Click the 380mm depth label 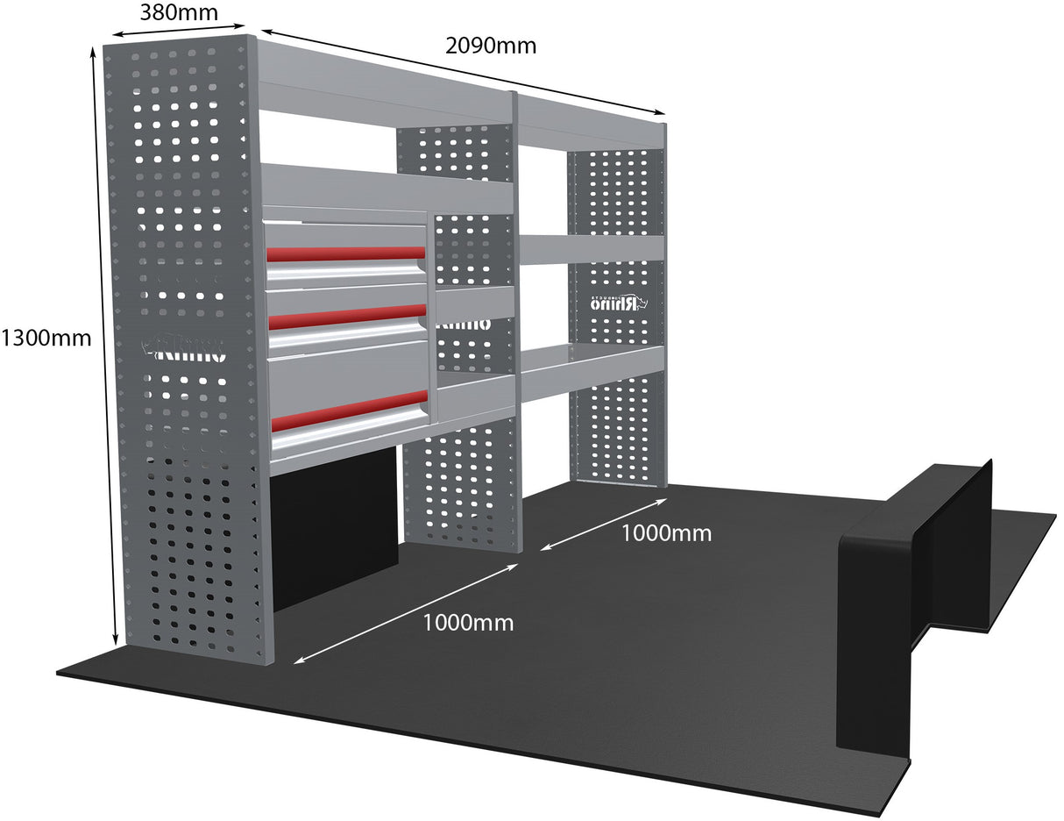(178, 14)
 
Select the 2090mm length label (490, 46)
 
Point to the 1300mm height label (46, 337)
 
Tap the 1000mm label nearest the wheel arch (666, 532)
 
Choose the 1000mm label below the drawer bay (468, 623)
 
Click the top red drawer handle (345, 253)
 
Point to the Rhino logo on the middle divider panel (462, 324)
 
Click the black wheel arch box (911, 596)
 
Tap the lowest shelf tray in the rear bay (592, 368)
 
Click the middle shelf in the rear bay (591, 247)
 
